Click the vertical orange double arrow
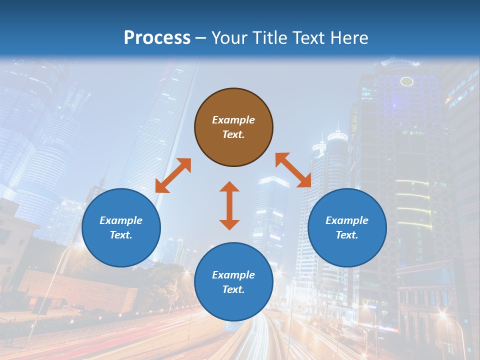pyautogui.click(x=229, y=205)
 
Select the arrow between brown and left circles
pyautogui.click(x=173, y=175)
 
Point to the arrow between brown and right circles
pyautogui.click(x=293, y=170)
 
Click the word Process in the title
pyautogui.click(x=157, y=37)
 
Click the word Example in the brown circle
pyautogui.click(x=233, y=120)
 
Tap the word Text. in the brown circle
pyautogui.click(x=233, y=134)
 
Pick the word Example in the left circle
pyautogui.click(x=121, y=220)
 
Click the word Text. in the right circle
pyautogui.click(x=347, y=235)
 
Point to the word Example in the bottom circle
pyautogui.click(x=233, y=275)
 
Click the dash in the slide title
pyautogui.click(x=201, y=38)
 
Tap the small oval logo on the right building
pyautogui.click(x=407, y=81)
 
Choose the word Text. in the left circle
pyautogui.click(x=121, y=235)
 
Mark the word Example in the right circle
pyautogui.click(x=347, y=220)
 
